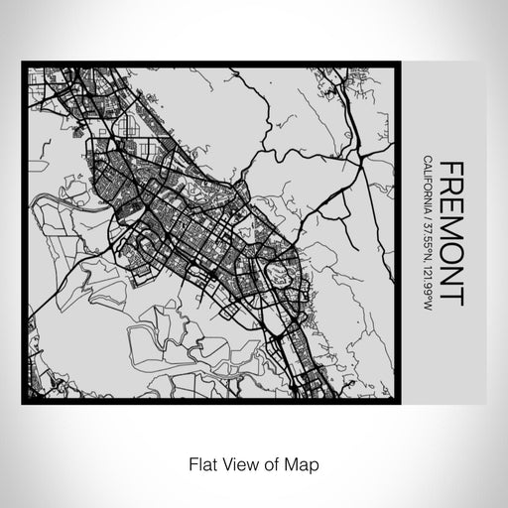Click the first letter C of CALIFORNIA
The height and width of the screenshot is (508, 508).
[427, 159]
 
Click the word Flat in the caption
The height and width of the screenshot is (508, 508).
[198, 463]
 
